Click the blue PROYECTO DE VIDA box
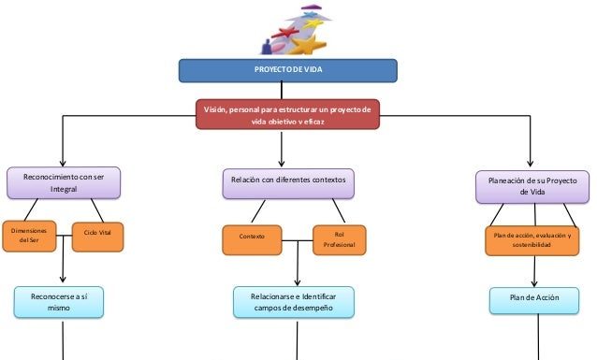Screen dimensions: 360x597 pyautogui.click(x=288, y=71)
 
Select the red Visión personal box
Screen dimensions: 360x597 pyautogui.click(x=288, y=116)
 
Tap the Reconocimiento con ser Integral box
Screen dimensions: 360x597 pyautogui.click(x=65, y=182)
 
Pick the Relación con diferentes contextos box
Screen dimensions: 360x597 pyautogui.click(x=288, y=180)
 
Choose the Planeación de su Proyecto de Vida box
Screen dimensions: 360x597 pyautogui.click(x=531, y=184)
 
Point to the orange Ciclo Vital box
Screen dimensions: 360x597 pyautogui.click(x=97, y=235)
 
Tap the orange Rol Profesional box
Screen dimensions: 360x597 pyautogui.click(x=340, y=238)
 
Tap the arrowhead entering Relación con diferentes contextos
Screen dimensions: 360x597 pyautogui.click(x=288, y=161)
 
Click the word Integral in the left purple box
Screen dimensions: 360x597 pyautogui.click(x=65, y=189)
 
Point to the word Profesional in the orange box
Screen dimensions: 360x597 pyautogui.click(x=340, y=245)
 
